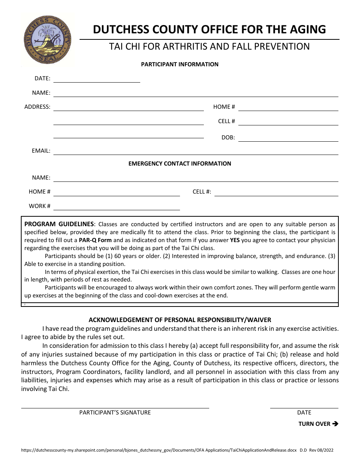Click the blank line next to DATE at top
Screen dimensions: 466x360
point(97,80)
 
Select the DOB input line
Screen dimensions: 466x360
point(288,139)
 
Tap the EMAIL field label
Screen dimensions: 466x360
point(41,151)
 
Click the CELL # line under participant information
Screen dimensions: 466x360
point(288,122)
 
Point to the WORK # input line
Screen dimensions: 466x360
point(117,207)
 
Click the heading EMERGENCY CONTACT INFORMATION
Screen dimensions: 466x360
point(180,164)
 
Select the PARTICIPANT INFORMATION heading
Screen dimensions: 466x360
point(180,64)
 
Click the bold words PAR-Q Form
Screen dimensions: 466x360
point(95,240)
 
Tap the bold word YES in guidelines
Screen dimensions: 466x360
point(235,240)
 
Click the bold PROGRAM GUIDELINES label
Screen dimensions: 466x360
point(59,224)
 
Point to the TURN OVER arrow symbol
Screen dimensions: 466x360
point(335,424)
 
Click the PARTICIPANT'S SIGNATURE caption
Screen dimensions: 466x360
point(115,413)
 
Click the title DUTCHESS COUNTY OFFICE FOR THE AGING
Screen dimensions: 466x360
point(209,30)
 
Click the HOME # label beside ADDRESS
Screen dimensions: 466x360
point(224,107)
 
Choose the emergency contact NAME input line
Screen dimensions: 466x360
point(196,180)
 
